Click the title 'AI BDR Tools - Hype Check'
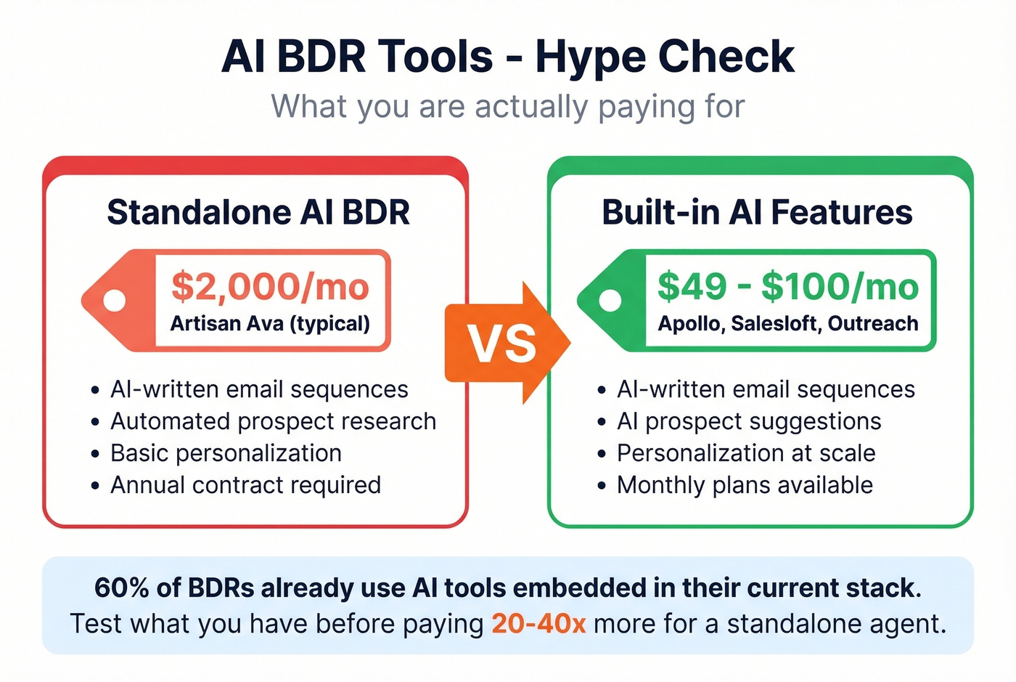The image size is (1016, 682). pyautogui.click(x=508, y=57)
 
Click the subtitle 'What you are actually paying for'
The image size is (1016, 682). pyautogui.click(x=508, y=107)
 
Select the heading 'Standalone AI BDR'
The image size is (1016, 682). pyautogui.click(x=258, y=213)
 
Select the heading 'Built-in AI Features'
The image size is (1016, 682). pyautogui.click(x=757, y=213)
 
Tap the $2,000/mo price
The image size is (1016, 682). pyautogui.click(x=270, y=286)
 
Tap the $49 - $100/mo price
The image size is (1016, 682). pyautogui.click(x=787, y=286)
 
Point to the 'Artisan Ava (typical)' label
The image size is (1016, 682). pyautogui.click(x=270, y=323)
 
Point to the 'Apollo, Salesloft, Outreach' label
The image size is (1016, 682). pyautogui.click(x=787, y=323)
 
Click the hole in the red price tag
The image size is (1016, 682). pyautogui.click(x=114, y=300)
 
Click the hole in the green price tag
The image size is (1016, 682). pyautogui.click(x=610, y=300)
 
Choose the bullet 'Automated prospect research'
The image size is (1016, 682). pyautogui.click(x=273, y=421)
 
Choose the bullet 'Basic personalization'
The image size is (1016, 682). pyautogui.click(x=226, y=453)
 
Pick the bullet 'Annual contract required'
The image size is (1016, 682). pyautogui.click(x=245, y=485)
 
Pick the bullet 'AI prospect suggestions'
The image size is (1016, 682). pyautogui.click(x=749, y=421)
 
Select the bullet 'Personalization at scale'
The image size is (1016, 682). pyautogui.click(x=746, y=453)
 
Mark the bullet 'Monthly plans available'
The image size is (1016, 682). pyautogui.click(x=745, y=485)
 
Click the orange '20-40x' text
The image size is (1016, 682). pyautogui.click(x=538, y=624)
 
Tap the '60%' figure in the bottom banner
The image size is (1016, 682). pyautogui.click(x=121, y=588)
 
